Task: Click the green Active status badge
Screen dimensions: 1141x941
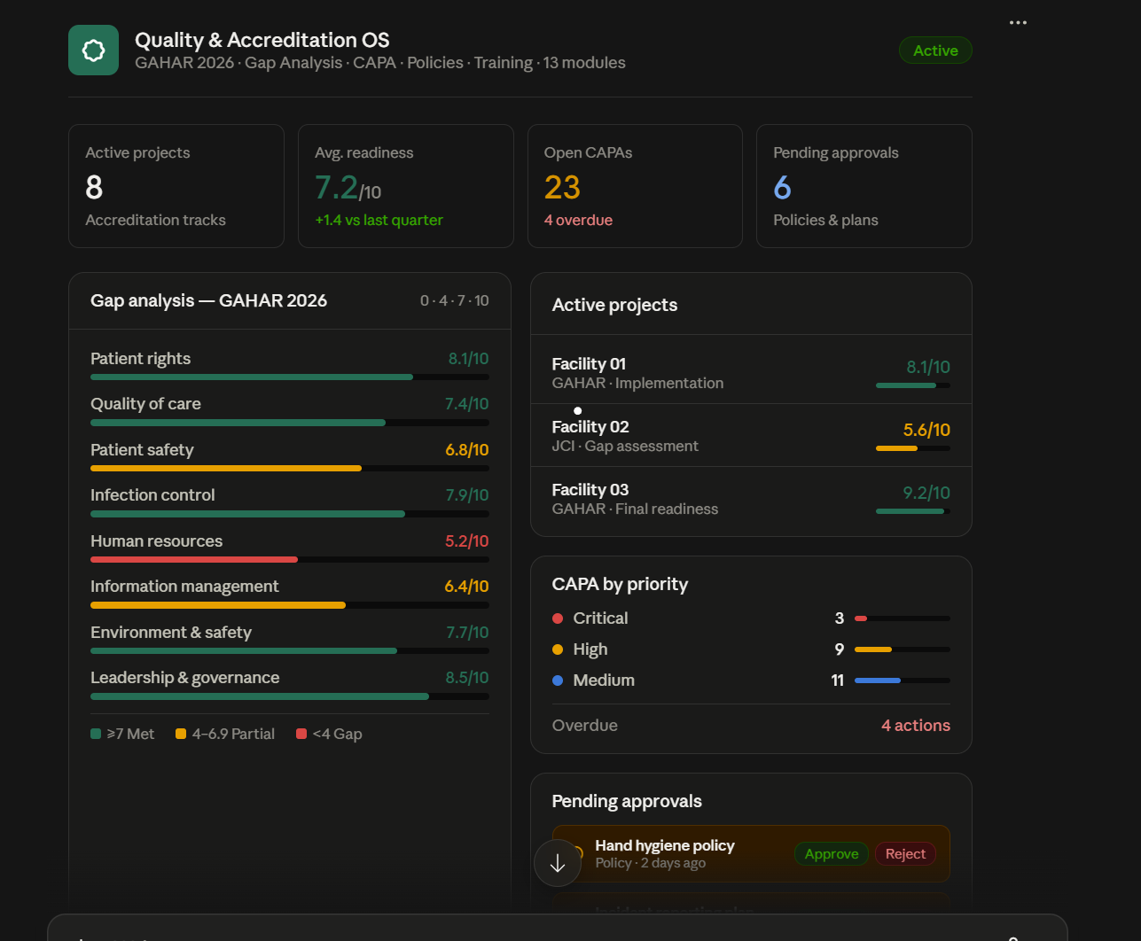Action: (935, 51)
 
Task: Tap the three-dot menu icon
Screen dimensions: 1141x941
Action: (1018, 22)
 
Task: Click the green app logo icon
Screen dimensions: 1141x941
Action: (93, 51)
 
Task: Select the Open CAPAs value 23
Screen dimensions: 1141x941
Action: (562, 187)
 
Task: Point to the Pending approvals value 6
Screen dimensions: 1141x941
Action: (782, 187)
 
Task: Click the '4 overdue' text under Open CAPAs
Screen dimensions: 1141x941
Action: (578, 220)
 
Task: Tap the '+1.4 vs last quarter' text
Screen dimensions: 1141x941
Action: (379, 220)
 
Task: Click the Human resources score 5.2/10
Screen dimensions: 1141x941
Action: (466, 541)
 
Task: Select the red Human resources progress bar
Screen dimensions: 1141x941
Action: (194, 560)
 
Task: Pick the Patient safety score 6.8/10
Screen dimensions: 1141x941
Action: (466, 450)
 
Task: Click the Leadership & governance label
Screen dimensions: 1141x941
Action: (184, 678)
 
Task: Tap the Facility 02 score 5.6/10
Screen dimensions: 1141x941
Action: (926, 430)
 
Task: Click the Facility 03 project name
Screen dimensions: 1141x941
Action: (590, 490)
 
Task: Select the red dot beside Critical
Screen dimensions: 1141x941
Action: (558, 618)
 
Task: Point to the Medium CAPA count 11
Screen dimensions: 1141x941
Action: (837, 680)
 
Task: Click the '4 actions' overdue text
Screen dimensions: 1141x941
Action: (915, 726)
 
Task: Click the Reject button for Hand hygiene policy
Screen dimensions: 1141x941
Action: (905, 853)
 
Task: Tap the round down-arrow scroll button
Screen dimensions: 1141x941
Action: (558, 863)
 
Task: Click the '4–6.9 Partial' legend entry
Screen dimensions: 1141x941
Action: (225, 734)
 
